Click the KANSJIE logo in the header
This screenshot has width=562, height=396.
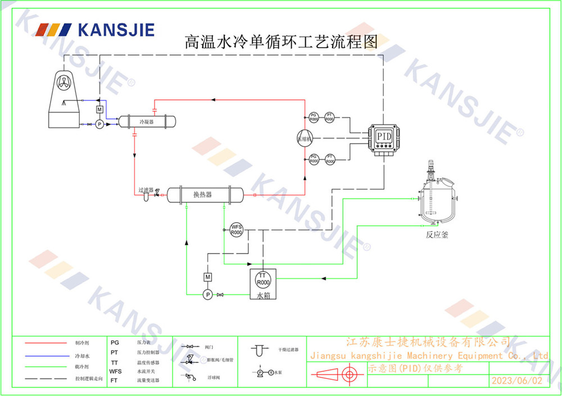tap(94, 29)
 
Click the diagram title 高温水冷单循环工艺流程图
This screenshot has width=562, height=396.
tap(281, 42)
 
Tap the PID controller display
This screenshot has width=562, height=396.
tap(384, 137)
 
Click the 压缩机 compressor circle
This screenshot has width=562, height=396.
tap(305, 139)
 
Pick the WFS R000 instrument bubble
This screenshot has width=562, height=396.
tap(236, 229)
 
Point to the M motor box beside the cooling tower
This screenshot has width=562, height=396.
tap(99, 109)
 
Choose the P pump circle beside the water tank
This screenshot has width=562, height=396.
tap(207, 294)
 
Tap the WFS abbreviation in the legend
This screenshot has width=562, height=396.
tap(115, 371)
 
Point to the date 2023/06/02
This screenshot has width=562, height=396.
tap(517, 380)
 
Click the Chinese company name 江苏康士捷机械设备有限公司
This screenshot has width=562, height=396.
tap(427, 342)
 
